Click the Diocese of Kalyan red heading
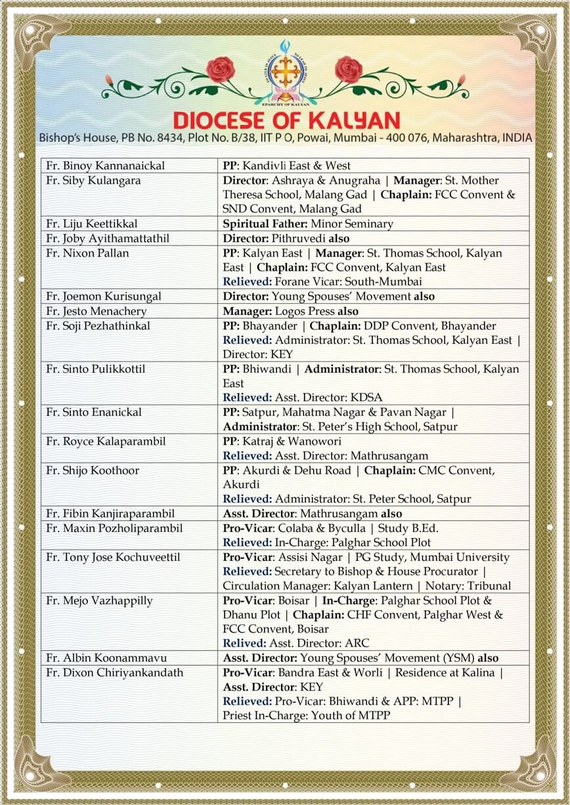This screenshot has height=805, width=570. click(x=286, y=120)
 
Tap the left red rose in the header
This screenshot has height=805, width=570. click(x=220, y=69)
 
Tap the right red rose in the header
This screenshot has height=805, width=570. click(x=348, y=69)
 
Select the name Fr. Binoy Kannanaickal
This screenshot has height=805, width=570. click(x=105, y=166)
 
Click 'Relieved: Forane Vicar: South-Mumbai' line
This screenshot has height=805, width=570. click(x=322, y=281)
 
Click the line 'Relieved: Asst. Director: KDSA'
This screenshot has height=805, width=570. click(x=302, y=398)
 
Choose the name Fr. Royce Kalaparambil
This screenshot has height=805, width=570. click(x=106, y=441)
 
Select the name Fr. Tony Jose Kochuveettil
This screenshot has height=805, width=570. click(x=113, y=557)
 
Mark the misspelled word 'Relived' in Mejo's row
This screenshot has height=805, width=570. click(x=244, y=643)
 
